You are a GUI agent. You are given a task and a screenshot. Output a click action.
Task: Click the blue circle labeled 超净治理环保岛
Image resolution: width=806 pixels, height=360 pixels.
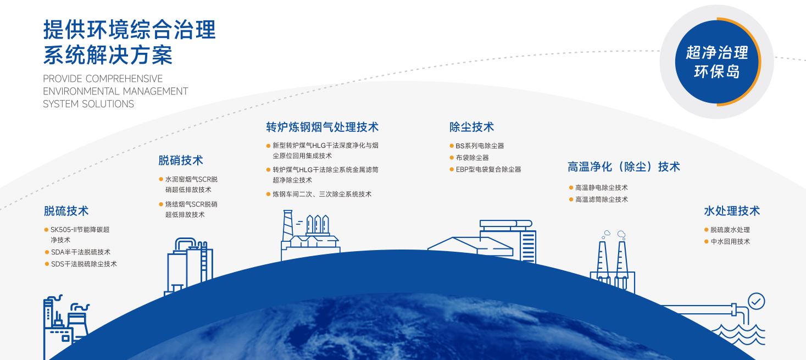[716, 62]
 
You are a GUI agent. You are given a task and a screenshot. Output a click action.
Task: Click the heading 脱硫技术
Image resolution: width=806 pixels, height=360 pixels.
[66, 211]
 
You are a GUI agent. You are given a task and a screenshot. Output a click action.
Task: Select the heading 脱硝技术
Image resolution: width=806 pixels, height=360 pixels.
[181, 160]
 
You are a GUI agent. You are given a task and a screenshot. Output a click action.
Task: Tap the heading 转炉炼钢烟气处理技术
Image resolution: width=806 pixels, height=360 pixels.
[323, 128]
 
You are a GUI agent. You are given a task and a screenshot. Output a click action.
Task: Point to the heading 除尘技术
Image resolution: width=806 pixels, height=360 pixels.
[471, 128]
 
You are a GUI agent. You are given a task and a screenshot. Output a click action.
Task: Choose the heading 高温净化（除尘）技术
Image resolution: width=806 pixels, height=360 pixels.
[624, 167]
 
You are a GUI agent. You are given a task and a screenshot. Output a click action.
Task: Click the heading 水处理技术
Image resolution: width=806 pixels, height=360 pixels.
[732, 211]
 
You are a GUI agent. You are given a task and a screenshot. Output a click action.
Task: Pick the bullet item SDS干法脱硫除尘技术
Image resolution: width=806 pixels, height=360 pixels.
[84, 264]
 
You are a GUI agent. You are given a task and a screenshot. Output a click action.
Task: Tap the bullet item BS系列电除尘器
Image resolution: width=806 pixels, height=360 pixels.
[480, 146]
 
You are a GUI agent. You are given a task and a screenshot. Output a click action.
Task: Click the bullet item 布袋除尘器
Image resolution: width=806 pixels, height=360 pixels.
[472, 158]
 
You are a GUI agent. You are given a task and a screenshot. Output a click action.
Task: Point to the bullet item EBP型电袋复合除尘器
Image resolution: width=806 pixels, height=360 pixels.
[488, 169]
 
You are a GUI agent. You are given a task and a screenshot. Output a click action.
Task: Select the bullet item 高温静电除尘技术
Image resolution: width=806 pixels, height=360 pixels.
[601, 188]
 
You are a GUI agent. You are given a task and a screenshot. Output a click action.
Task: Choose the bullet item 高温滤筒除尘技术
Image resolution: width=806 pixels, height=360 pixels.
[601, 200]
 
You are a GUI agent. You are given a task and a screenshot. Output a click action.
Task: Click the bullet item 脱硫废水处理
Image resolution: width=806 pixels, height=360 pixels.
[730, 230]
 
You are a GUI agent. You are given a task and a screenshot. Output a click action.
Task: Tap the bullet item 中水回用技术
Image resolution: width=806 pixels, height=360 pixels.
[730, 241]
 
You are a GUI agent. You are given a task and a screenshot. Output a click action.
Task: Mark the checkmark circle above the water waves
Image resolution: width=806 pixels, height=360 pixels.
[757, 301]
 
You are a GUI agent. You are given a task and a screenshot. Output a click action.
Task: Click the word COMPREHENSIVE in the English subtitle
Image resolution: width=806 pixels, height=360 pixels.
[124, 79]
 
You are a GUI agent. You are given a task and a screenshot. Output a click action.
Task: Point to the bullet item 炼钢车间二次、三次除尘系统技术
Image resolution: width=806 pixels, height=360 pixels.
[322, 194]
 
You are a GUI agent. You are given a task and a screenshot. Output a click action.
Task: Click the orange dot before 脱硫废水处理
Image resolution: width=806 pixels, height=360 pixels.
[707, 230]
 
